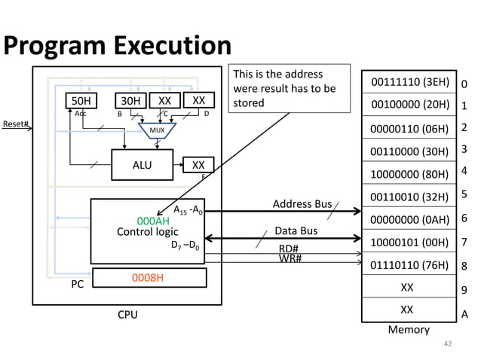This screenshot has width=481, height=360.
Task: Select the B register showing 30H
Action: (129, 101)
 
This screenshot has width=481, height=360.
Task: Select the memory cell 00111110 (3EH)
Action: (407, 81)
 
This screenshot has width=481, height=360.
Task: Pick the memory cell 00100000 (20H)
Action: (407, 105)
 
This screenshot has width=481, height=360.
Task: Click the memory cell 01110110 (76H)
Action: (407, 264)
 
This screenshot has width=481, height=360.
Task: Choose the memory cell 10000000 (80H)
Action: (407, 174)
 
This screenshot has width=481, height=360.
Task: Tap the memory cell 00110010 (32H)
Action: (407, 197)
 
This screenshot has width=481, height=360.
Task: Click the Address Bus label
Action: (302, 204)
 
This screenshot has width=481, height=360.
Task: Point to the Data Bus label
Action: (295, 231)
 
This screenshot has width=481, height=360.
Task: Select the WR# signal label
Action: (290, 259)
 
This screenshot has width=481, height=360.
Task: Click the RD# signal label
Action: (290, 249)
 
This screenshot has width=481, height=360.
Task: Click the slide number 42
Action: (448, 344)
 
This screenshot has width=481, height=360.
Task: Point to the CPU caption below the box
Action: (127, 315)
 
